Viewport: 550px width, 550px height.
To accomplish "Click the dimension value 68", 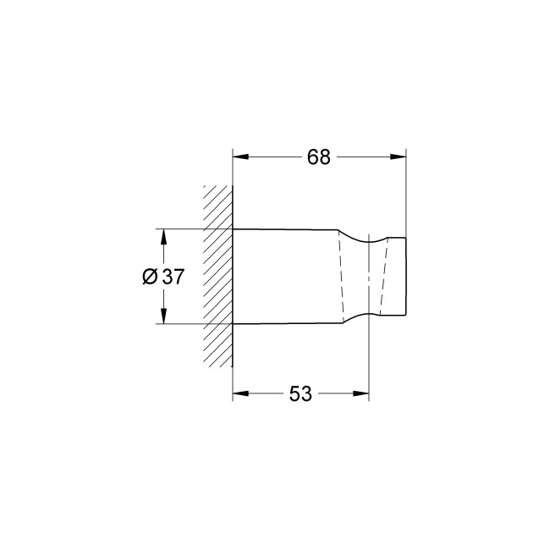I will [319, 158].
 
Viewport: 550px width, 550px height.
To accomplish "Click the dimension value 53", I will [300, 393].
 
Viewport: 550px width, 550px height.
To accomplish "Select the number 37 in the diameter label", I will [173, 277].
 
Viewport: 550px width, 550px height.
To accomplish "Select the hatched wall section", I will [218, 275].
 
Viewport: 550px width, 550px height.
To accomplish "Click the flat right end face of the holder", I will [407, 277].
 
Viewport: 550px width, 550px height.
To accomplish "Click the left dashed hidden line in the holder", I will [344, 277].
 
